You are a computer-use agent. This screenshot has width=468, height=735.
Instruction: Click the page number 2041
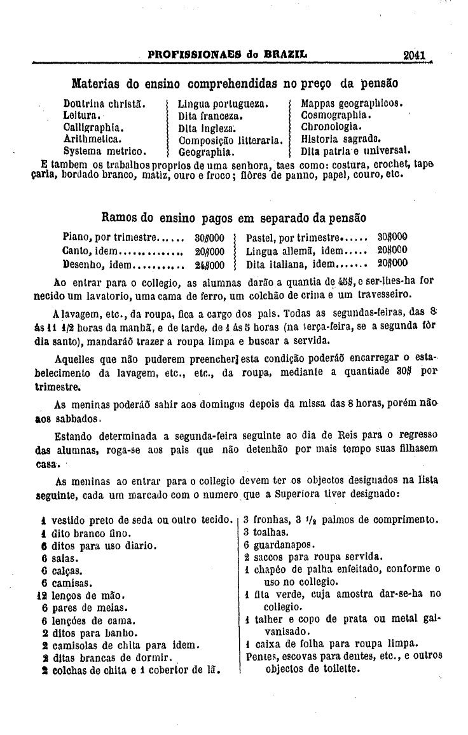point(413,55)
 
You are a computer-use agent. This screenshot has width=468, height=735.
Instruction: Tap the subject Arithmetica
point(93,139)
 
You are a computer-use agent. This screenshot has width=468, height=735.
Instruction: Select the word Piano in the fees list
point(75,237)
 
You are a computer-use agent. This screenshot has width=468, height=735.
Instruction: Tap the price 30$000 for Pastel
point(392,237)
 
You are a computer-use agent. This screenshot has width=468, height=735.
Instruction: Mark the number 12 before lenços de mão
point(43,596)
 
